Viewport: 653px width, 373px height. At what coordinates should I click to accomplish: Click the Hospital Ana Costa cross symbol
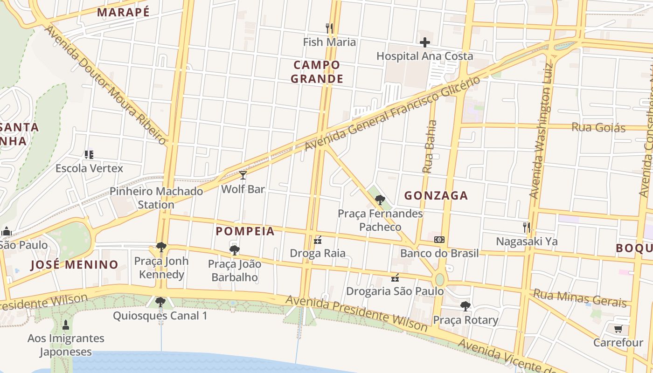tap(424, 42)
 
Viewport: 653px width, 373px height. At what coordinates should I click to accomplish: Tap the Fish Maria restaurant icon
tap(329, 28)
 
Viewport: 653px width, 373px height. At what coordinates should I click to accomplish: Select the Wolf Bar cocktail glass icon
tap(243, 175)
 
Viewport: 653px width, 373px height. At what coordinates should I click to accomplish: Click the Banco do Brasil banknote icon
tap(439, 240)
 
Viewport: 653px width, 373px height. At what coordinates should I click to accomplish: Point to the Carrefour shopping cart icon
tap(618, 329)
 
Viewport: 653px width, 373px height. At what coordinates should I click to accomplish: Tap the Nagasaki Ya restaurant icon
tap(527, 228)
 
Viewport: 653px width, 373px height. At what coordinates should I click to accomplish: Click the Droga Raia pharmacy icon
tap(318, 240)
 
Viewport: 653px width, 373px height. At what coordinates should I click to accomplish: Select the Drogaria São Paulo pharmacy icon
tap(395, 278)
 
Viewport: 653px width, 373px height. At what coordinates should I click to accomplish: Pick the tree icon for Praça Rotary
tap(465, 306)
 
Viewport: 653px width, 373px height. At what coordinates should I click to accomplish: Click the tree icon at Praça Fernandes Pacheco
tap(380, 200)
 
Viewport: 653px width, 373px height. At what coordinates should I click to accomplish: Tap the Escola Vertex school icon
tap(89, 154)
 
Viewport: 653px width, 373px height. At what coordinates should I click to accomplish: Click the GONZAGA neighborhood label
tap(436, 196)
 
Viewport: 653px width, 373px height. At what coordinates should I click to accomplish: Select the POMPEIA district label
tap(245, 231)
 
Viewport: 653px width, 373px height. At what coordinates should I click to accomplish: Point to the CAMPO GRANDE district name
tap(317, 72)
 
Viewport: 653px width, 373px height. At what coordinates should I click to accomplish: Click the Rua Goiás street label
tap(598, 127)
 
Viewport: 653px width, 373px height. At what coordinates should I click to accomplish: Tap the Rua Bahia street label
tap(430, 147)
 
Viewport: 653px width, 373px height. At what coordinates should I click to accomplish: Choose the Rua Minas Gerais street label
tap(580, 298)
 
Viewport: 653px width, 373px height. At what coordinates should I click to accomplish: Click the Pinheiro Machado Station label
tap(156, 198)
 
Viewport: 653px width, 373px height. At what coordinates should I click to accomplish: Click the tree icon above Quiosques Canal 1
tap(160, 302)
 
